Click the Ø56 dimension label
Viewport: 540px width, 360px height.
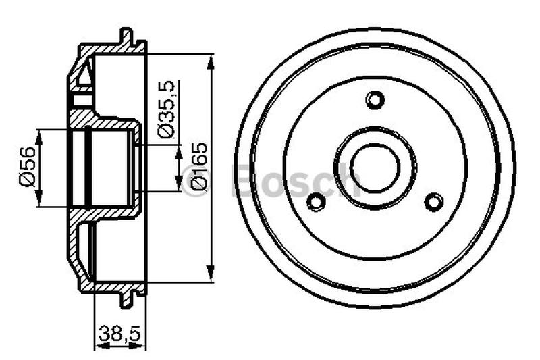click(26, 167)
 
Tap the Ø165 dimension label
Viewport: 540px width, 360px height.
click(198, 167)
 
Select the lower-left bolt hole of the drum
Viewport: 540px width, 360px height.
click(315, 201)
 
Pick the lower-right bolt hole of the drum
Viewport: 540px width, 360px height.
click(434, 201)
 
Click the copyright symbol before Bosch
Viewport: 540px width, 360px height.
click(194, 181)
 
